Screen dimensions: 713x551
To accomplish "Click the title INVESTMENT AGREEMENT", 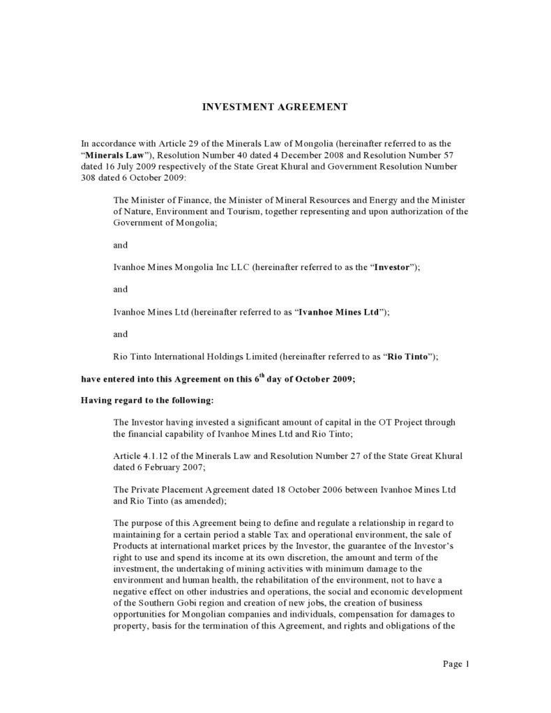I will tap(275, 107).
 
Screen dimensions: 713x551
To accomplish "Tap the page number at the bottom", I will tap(458, 663).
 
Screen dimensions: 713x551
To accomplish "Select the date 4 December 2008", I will tap(312, 153).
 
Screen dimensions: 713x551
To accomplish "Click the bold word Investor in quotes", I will tap(394, 268).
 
